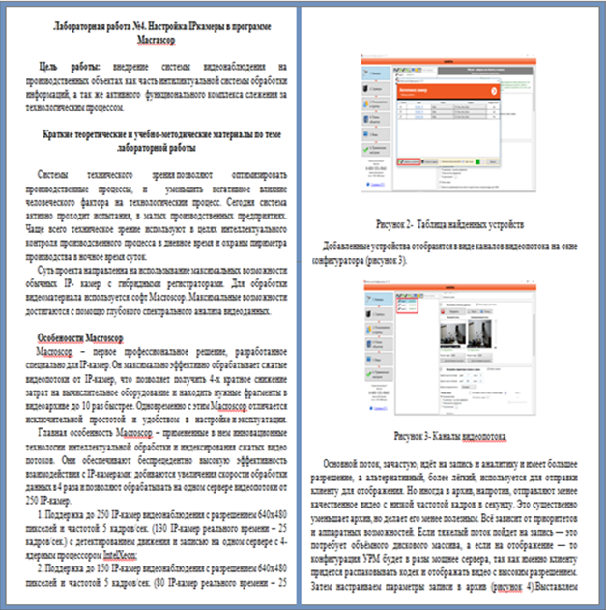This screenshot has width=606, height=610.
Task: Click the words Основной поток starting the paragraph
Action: click(355, 464)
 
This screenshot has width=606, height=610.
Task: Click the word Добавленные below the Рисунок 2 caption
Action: click(357, 247)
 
